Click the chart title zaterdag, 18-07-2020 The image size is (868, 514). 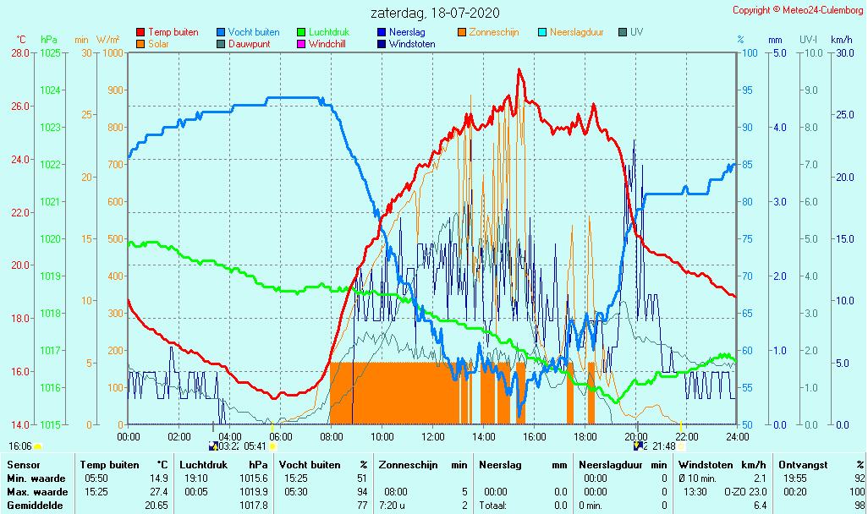click(435, 13)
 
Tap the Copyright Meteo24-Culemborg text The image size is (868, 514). click(798, 10)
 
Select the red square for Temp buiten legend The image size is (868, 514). click(140, 32)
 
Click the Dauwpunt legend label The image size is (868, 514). click(249, 44)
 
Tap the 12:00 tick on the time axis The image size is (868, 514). click(433, 436)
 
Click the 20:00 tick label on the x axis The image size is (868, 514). click(636, 436)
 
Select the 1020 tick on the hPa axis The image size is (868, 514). click(51, 239)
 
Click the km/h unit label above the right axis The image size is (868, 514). click(841, 40)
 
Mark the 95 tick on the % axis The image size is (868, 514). click(748, 90)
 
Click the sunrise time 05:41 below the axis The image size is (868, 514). click(255, 446)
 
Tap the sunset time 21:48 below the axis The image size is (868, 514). click(663, 446)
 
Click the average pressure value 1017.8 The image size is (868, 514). click(256, 506)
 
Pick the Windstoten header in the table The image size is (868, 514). click(706, 465)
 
